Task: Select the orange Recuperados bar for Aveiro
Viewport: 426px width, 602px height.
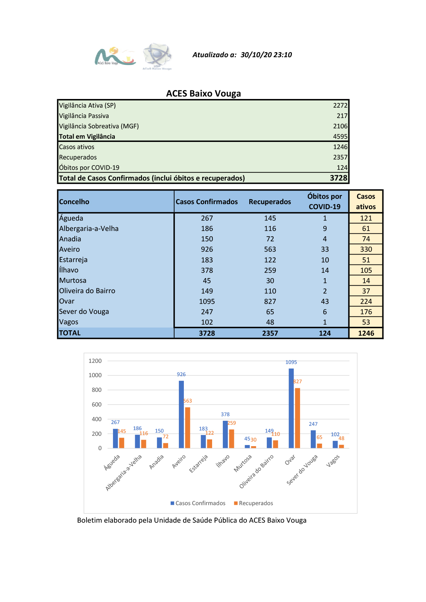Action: (x=187, y=428)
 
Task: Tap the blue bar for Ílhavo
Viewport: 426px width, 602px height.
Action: (x=225, y=434)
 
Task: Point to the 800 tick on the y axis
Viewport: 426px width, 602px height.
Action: (x=97, y=390)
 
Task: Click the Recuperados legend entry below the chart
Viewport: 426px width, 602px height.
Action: (x=253, y=503)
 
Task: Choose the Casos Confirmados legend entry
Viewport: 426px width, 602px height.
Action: (x=198, y=503)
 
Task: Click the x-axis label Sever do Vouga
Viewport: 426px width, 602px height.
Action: (x=302, y=470)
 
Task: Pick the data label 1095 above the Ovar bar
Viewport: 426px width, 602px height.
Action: (x=291, y=362)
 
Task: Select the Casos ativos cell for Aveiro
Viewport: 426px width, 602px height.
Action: (x=366, y=249)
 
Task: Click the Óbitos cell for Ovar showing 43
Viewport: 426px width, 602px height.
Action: (x=325, y=301)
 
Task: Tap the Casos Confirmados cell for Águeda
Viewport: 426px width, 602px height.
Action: (x=207, y=218)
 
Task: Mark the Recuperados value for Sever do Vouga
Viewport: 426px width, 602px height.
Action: (x=270, y=312)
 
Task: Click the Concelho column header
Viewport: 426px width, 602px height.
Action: (x=74, y=202)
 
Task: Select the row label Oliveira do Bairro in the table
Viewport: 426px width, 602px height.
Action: (x=87, y=291)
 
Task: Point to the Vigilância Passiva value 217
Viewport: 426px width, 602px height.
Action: (x=342, y=116)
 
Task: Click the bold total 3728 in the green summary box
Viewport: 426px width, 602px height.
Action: (x=339, y=178)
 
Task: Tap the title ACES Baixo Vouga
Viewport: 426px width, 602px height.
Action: (x=203, y=93)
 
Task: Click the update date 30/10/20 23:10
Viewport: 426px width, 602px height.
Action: (x=266, y=55)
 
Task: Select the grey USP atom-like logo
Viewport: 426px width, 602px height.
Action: (x=157, y=56)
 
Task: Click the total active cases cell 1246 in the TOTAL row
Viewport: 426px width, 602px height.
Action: (x=366, y=333)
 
